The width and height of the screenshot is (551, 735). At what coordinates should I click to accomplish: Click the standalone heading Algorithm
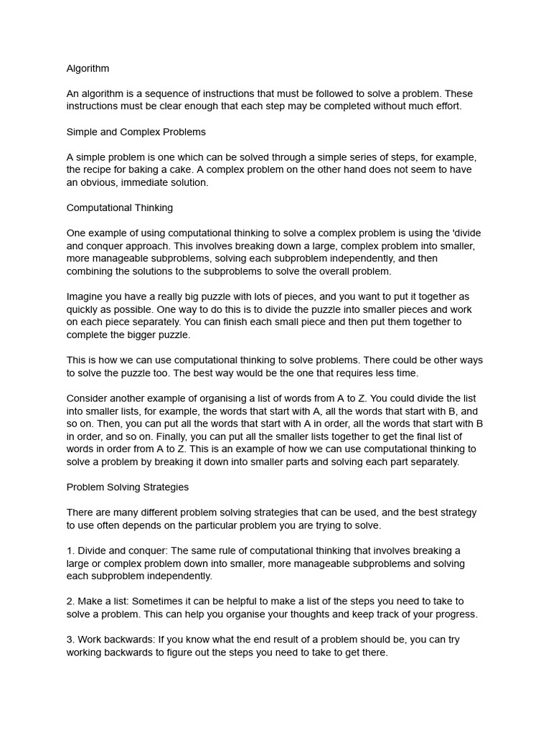88,69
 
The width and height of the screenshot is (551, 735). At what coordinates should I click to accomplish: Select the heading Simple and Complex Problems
136,132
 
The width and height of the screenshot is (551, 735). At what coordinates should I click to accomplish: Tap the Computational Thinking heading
119,208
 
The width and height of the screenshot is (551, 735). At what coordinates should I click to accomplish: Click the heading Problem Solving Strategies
127,487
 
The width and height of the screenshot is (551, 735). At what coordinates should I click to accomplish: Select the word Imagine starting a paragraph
86,296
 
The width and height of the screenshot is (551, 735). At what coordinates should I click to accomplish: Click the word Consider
89,398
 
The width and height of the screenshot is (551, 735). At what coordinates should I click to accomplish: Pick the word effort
445,107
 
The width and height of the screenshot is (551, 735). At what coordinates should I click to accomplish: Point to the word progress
456,614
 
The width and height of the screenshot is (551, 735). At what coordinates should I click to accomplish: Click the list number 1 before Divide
70,551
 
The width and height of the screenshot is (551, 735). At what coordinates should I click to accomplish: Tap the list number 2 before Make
70,601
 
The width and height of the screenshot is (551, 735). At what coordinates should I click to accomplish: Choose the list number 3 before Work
70,640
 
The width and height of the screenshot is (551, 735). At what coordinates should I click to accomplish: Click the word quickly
84,309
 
